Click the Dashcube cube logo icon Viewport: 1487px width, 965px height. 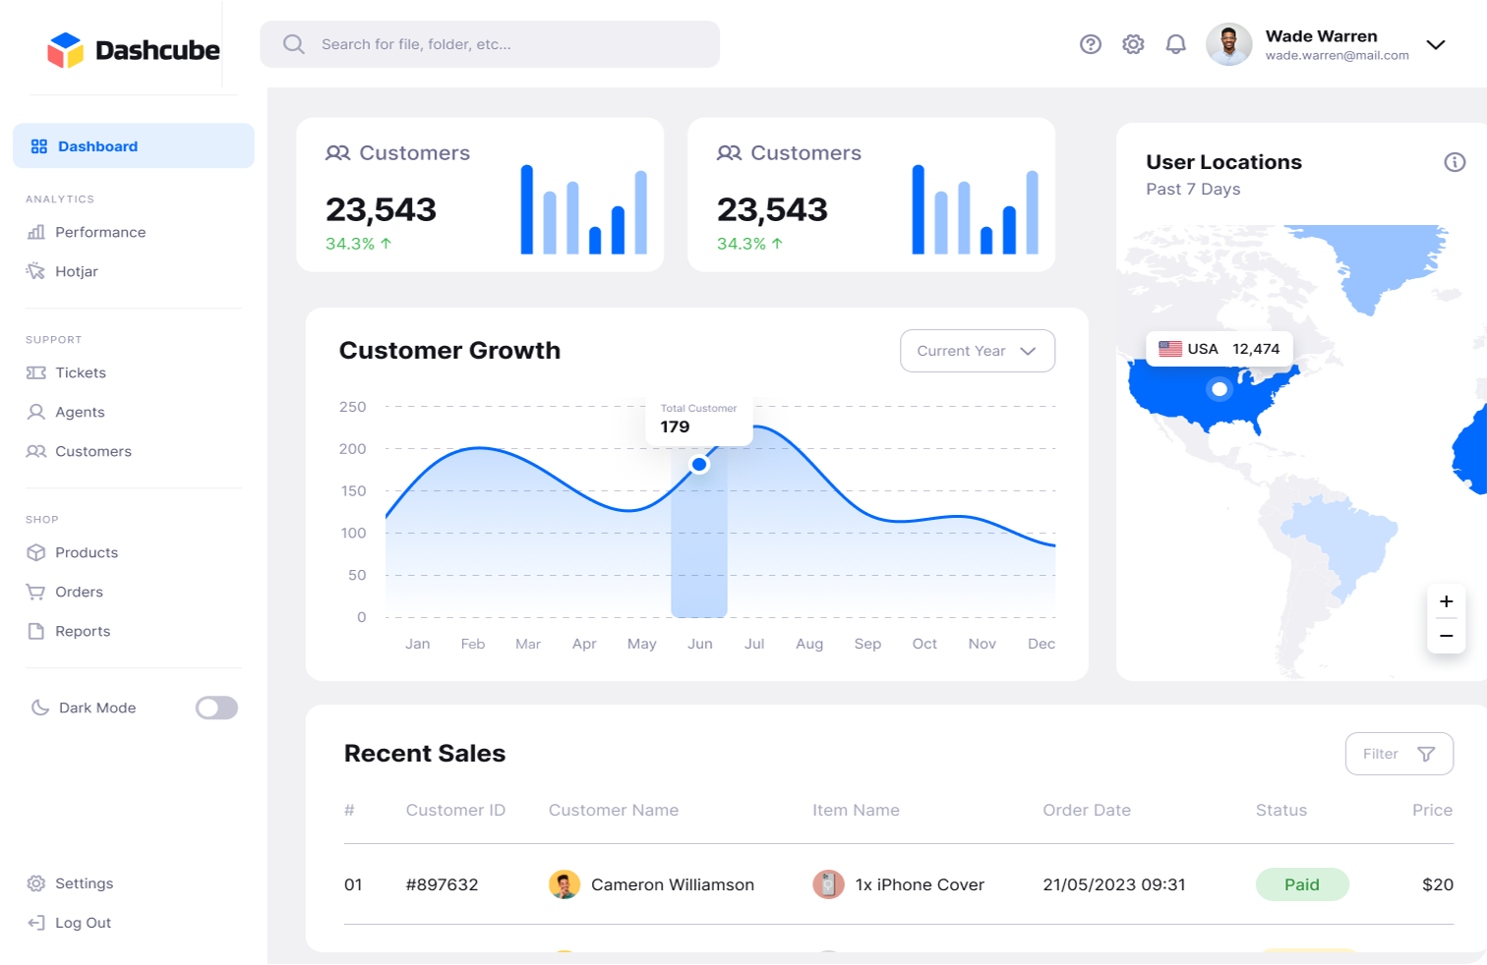click(65, 50)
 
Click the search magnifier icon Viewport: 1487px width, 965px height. click(293, 44)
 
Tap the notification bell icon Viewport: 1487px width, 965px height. click(1175, 44)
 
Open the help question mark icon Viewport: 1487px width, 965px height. click(1090, 44)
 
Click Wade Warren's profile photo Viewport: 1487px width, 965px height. click(1228, 44)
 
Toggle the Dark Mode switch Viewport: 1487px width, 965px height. click(216, 708)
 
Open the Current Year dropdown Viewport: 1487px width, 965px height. click(978, 351)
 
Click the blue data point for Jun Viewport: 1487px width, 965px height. click(699, 464)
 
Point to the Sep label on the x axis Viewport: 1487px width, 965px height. click(867, 644)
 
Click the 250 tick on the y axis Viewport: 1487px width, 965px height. click(352, 407)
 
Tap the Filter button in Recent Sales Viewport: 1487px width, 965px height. click(1399, 754)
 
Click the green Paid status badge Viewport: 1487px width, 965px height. click(1302, 884)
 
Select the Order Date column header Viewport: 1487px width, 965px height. click(1087, 810)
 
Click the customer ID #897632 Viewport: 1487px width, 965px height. click(442, 884)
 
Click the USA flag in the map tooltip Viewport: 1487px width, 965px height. click(1169, 349)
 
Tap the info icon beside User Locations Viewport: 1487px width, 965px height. click(1455, 162)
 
